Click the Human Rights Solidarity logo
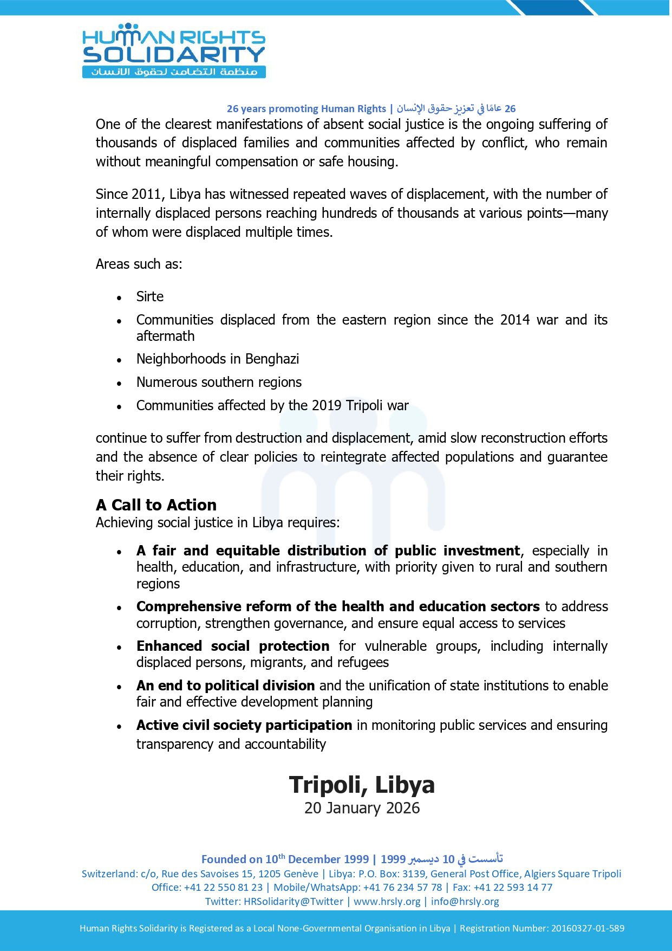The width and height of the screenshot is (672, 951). (x=173, y=50)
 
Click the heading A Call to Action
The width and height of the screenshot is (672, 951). (x=156, y=504)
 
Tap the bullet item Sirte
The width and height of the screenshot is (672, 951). (x=150, y=296)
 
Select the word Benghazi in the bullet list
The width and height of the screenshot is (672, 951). (x=272, y=359)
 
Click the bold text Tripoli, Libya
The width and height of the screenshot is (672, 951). (x=362, y=785)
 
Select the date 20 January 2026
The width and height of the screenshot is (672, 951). (x=362, y=808)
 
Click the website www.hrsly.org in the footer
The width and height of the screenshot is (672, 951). (x=387, y=901)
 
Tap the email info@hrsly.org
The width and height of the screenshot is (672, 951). (x=465, y=901)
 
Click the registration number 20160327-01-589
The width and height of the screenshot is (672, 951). (x=588, y=928)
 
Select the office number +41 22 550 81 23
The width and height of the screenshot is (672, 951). (x=223, y=887)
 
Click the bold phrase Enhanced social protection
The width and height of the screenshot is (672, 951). (x=233, y=646)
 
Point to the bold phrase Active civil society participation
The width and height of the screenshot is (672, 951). (x=244, y=725)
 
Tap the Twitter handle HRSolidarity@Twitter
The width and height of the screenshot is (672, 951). (x=293, y=901)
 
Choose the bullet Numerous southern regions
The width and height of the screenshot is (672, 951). (x=219, y=382)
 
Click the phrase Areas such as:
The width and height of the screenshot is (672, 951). (x=139, y=264)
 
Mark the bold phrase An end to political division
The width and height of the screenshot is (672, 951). (x=225, y=685)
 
